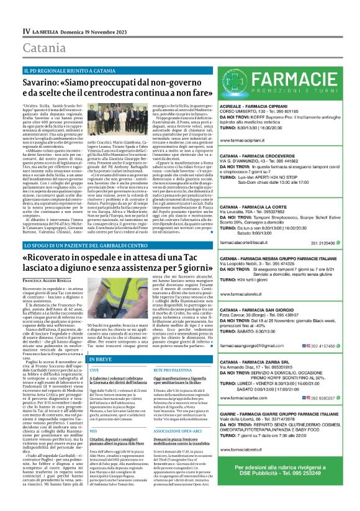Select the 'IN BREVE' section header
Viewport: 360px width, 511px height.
coord(102,359)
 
